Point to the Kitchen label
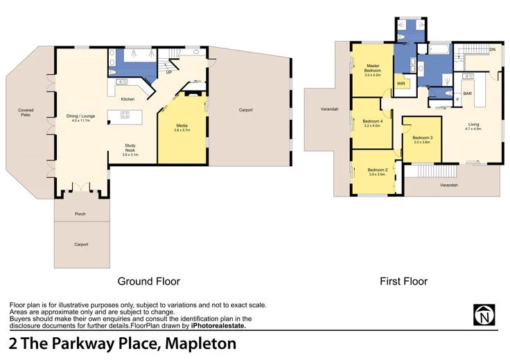pyautogui.click(x=127, y=100)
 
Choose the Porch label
pyautogui.click(x=80, y=214)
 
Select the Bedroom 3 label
pyautogui.click(x=422, y=140)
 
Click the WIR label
pyautogui.click(x=401, y=83)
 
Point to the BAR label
pyautogui.click(x=468, y=93)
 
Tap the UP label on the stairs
pyautogui.click(x=168, y=71)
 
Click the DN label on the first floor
pyautogui.click(x=492, y=50)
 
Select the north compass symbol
pyautogui.click(x=484, y=315)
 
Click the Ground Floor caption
pyautogui.click(x=149, y=281)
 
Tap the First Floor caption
pyautogui.click(x=403, y=281)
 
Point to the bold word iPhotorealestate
pyautogui.click(x=218, y=325)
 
